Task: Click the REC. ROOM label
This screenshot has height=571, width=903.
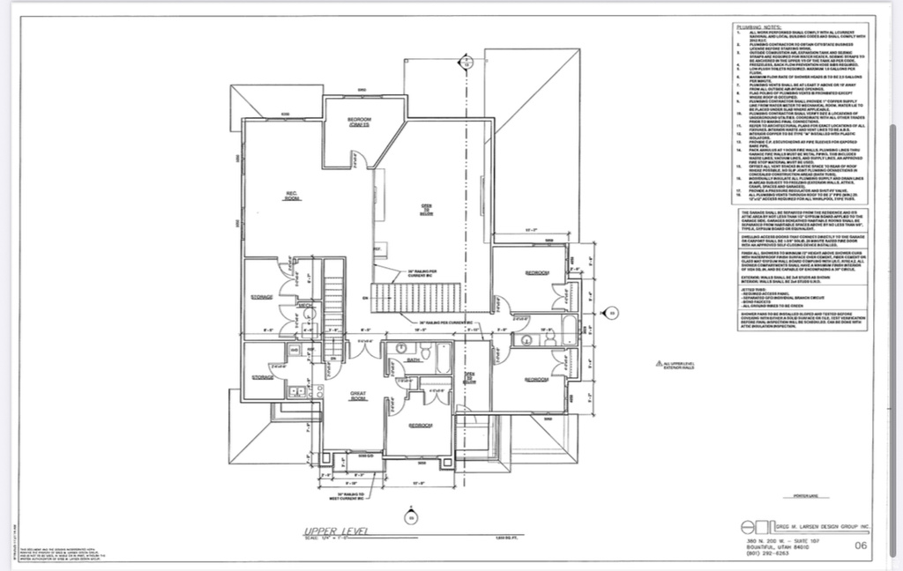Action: click(291, 197)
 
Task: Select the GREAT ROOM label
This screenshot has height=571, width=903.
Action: click(358, 397)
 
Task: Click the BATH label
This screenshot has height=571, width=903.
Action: click(413, 360)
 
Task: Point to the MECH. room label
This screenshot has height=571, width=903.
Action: click(306, 305)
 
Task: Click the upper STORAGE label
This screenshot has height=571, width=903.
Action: click(262, 298)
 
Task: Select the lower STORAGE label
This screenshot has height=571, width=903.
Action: click(262, 376)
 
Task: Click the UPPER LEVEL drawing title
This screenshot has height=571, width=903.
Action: click(332, 531)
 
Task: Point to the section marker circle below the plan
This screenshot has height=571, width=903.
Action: click(408, 516)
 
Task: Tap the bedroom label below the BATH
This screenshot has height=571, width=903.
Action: click(421, 426)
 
